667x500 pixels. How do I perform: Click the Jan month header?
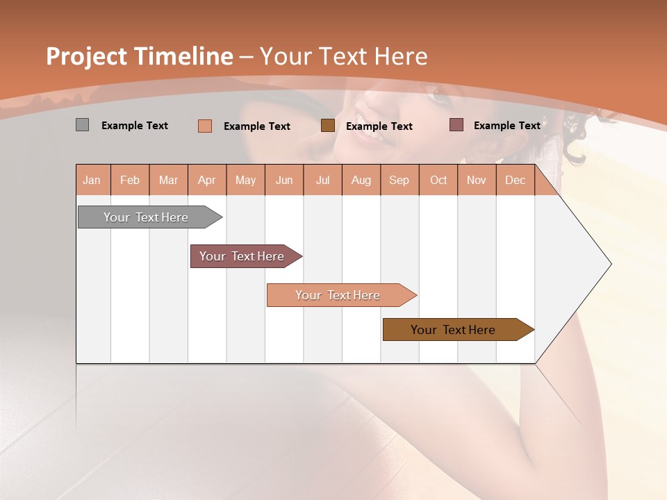click(92, 180)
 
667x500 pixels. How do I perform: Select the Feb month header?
click(130, 180)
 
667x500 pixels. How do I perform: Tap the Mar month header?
click(168, 180)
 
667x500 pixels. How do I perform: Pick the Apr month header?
click(207, 180)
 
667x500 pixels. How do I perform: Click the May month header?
click(245, 180)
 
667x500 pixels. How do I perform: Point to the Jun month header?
click(284, 180)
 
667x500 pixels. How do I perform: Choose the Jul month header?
click(322, 180)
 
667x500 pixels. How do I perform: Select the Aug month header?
click(361, 180)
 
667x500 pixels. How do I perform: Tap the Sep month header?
click(400, 180)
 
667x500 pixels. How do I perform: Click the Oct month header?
click(438, 180)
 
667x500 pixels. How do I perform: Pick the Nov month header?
click(477, 180)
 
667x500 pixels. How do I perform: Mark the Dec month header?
click(516, 180)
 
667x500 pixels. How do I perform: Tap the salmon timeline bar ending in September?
click(338, 295)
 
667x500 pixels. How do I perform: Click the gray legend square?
click(82, 125)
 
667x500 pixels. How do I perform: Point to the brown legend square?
click(328, 126)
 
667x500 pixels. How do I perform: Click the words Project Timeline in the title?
click(140, 56)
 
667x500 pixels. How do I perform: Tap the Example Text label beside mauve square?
click(507, 126)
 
